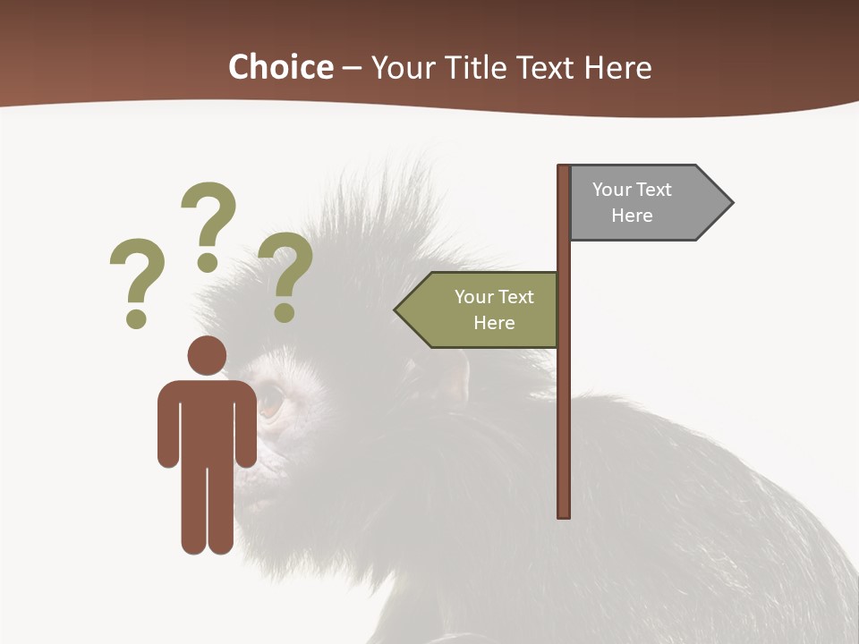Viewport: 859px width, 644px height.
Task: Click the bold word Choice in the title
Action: pos(280,68)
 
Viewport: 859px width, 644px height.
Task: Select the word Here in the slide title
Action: pos(617,68)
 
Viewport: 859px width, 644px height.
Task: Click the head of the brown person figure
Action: pos(207,355)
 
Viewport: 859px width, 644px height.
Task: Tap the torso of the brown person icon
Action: pos(207,420)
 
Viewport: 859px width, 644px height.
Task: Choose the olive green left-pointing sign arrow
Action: pos(483,309)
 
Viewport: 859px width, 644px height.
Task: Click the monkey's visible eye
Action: pos(269,400)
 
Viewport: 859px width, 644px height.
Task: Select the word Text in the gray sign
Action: pos(653,190)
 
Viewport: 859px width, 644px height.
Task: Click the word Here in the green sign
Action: pos(494,323)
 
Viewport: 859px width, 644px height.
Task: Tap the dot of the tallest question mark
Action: pos(208,262)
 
